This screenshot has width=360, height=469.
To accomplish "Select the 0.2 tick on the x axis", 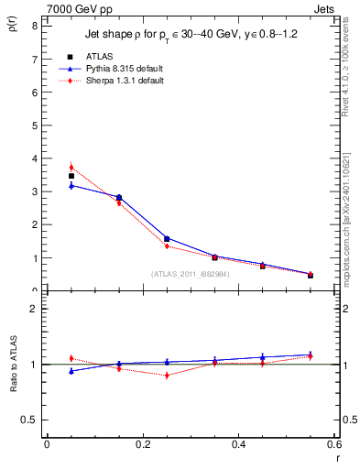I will [142, 444].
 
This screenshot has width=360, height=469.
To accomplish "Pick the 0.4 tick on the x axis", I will [239, 444].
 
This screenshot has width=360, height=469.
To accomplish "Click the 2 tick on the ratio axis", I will [34, 309].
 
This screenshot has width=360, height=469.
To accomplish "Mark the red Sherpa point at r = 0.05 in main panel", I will [71, 168].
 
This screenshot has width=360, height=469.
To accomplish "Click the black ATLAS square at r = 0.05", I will [71, 176].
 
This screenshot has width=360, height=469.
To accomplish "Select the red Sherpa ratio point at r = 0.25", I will [167, 376].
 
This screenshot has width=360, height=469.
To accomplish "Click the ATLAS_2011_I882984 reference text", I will [190, 273].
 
